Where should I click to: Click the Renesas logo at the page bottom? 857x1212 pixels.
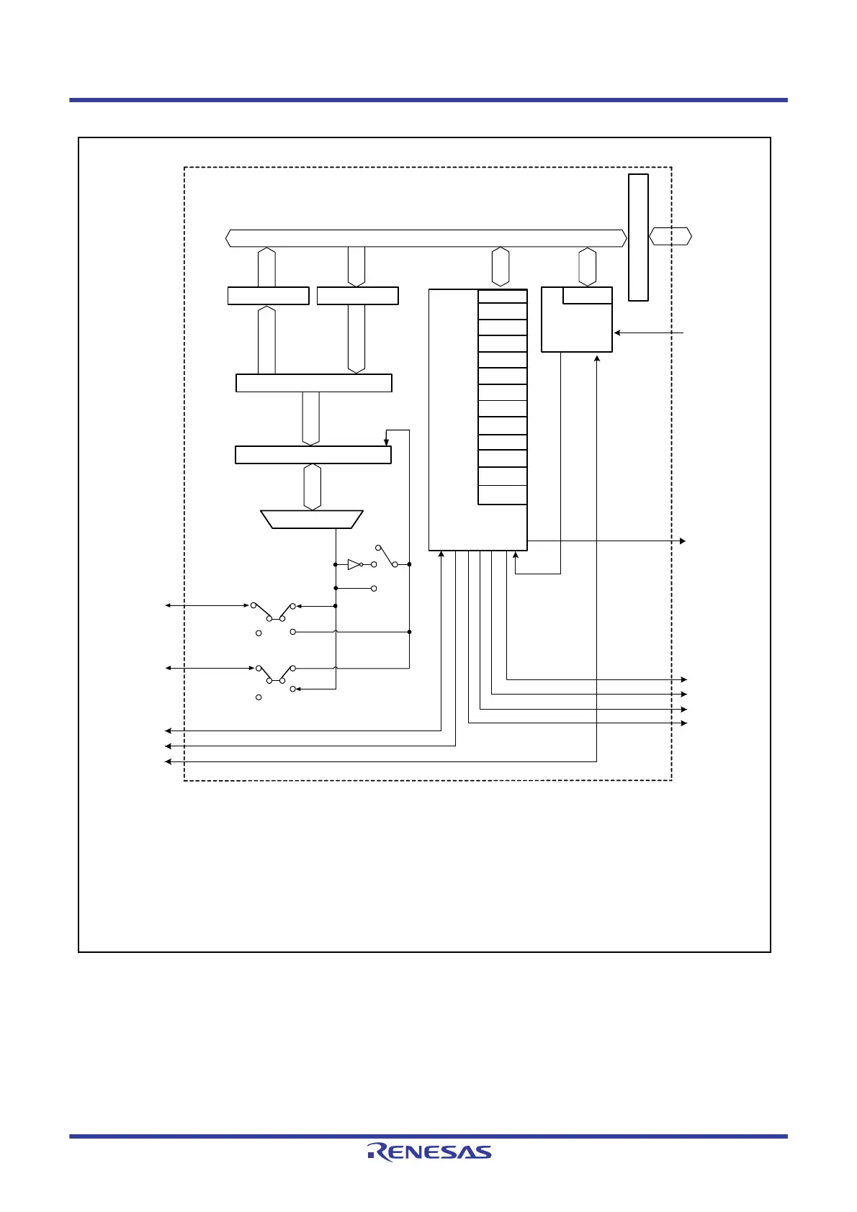[429, 1152]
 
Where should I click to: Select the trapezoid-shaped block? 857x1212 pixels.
[311, 520]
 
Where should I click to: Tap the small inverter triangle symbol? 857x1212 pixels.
[353, 565]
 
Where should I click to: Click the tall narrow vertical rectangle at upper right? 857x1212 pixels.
[638, 237]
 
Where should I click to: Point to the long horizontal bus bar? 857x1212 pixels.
[425, 238]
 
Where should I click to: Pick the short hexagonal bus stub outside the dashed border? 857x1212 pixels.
[670, 236]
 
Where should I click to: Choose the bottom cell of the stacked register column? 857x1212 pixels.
[503, 495]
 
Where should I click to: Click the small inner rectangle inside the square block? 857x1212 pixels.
[587, 296]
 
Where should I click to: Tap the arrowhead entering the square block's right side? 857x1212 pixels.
[617, 333]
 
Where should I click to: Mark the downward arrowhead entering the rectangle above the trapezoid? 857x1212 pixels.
[387, 443]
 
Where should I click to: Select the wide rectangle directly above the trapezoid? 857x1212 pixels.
[313, 455]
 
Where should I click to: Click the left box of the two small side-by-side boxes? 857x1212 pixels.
[268, 296]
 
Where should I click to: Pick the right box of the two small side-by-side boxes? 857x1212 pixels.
[357, 296]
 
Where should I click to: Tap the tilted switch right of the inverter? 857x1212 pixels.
[387, 556]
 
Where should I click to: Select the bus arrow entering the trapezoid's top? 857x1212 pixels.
[312, 487]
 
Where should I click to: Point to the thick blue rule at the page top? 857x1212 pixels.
[428, 100]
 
